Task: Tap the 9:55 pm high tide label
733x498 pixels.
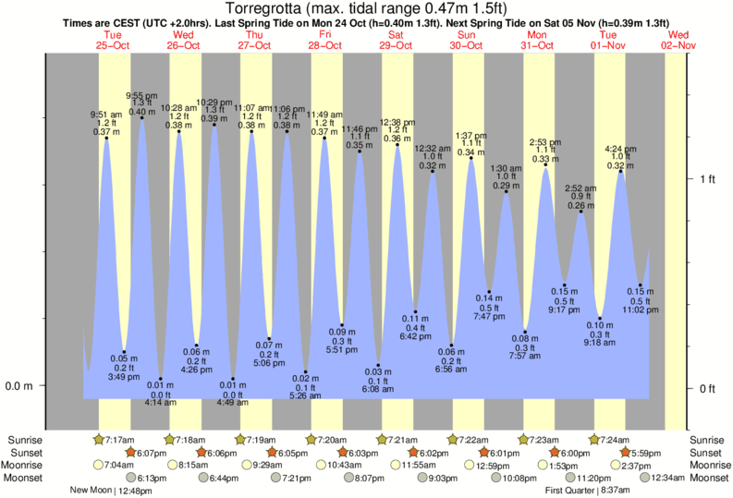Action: (x=140, y=96)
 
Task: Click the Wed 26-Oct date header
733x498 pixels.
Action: (x=183, y=40)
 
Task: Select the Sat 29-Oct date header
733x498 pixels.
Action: (x=396, y=40)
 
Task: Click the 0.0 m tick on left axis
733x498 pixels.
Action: (x=18, y=385)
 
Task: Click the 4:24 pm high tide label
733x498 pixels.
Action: (x=619, y=149)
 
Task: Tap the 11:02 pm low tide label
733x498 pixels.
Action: (x=641, y=310)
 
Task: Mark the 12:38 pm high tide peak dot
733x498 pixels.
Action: (x=397, y=144)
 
